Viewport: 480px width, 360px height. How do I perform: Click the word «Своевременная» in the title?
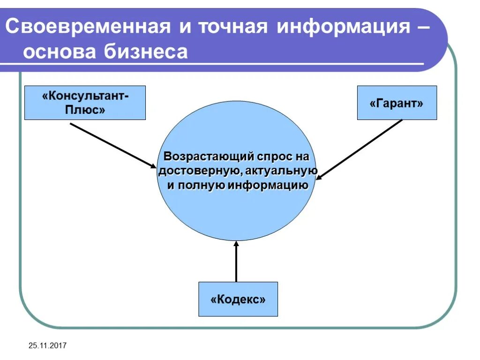(88, 27)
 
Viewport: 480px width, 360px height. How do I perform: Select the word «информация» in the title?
(343, 27)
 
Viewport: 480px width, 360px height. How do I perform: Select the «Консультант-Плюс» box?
(85, 103)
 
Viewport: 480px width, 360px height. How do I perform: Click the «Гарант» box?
(397, 103)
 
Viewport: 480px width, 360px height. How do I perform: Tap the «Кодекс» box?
(238, 299)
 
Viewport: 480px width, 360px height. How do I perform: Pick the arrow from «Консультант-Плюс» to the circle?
(113, 145)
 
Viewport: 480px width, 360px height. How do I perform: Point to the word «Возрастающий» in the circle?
(202, 156)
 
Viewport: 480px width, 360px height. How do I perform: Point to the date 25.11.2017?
(47, 346)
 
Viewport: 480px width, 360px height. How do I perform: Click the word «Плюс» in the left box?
(85, 111)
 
